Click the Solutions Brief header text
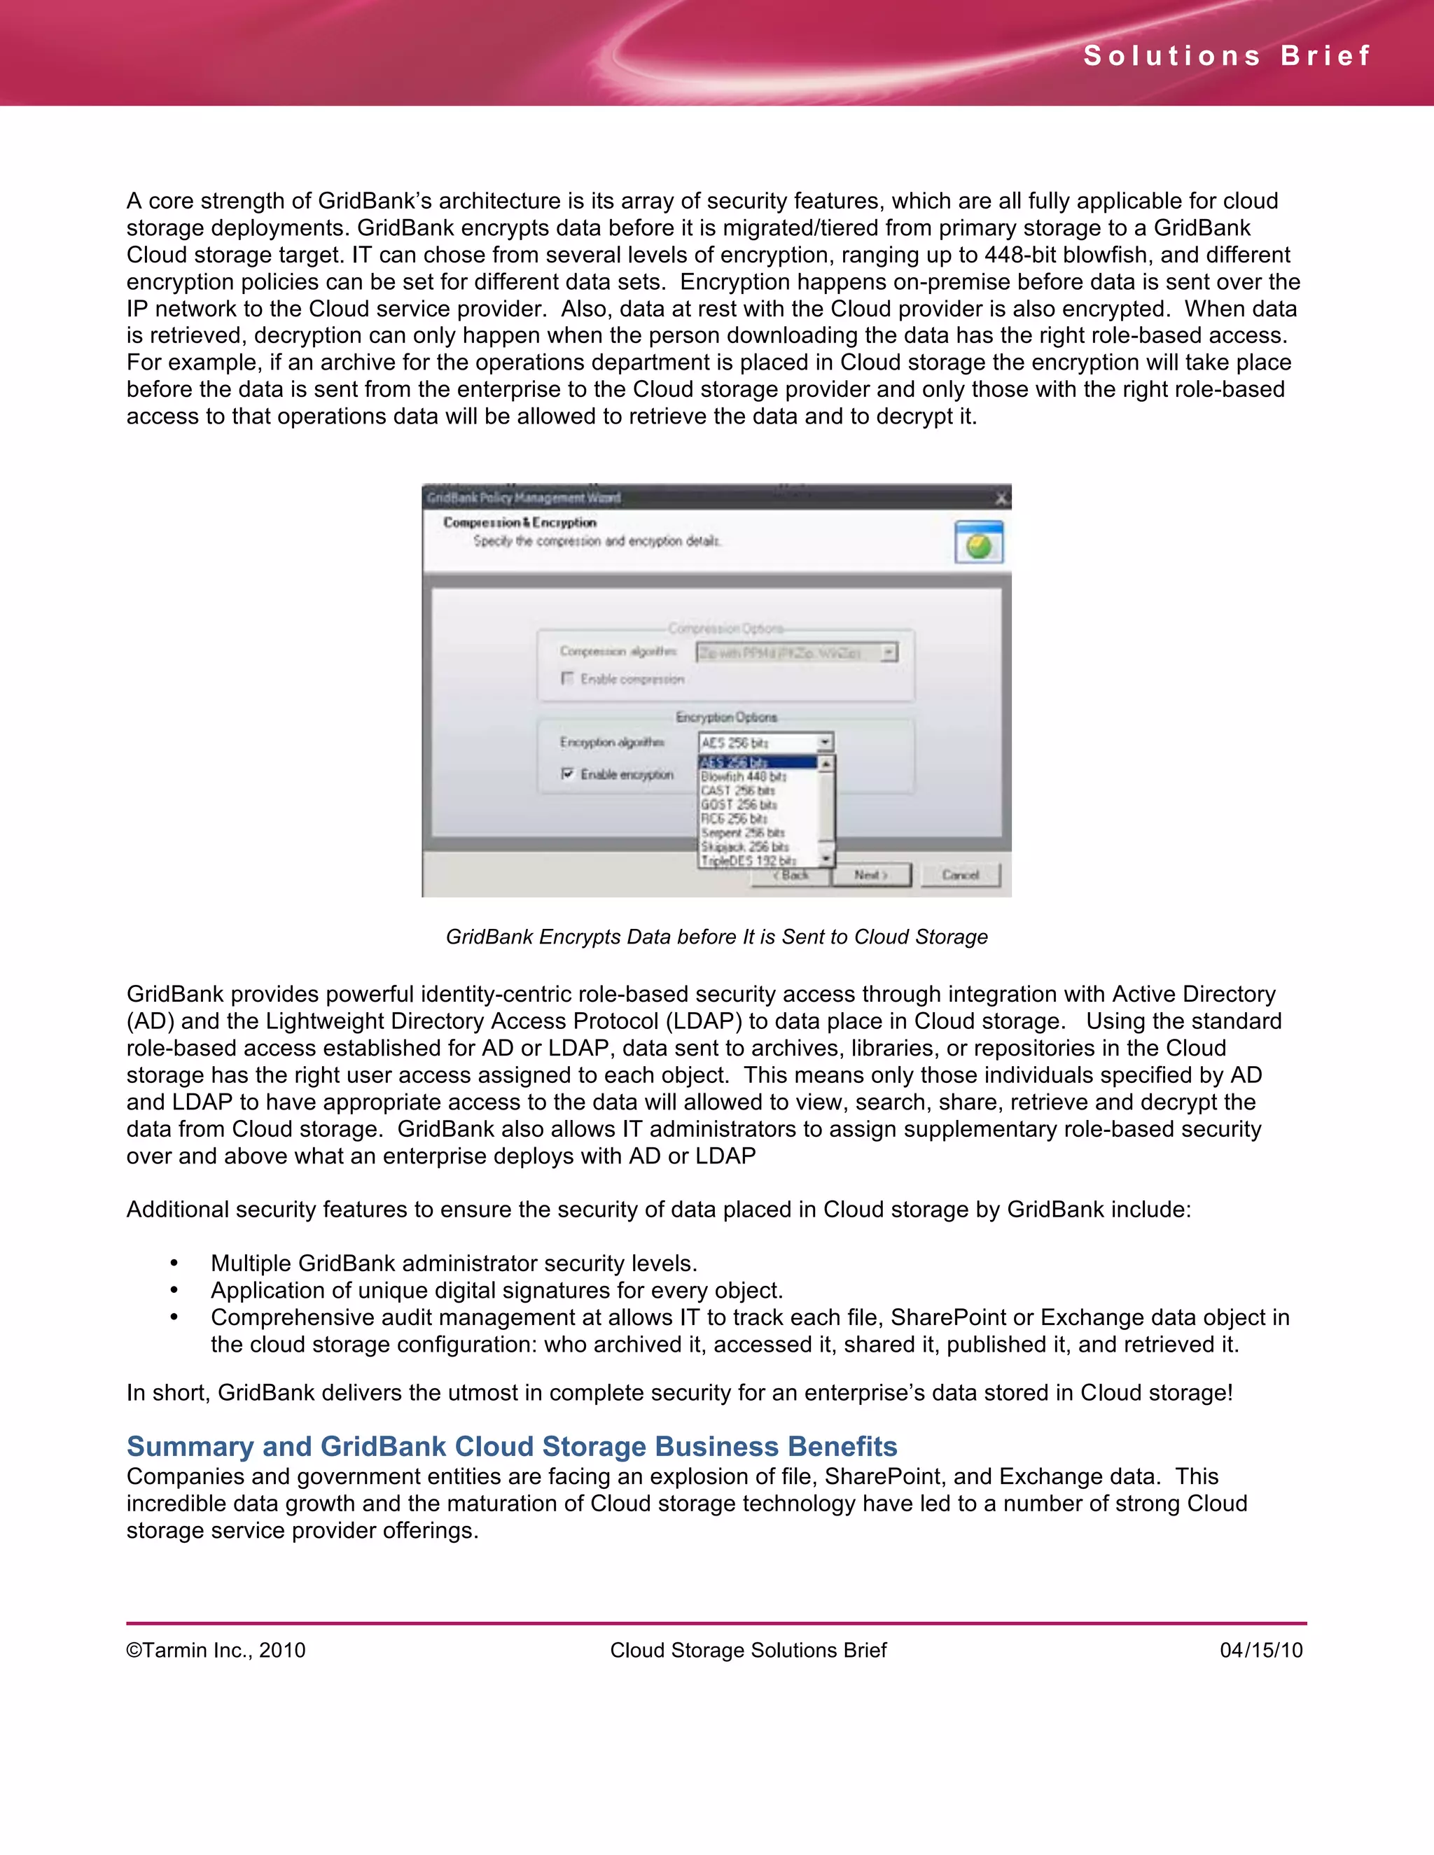click(x=1227, y=56)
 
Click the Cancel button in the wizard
click(x=960, y=875)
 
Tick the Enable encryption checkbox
click(x=567, y=773)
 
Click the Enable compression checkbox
click(x=567, y=678)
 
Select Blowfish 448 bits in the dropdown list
click(x=744, y=776)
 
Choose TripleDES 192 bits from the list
click(x=749, y=860)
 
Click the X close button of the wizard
click(x=1001, y=498)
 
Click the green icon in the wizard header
click(x=979, y=544)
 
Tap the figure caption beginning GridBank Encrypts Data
click(x=716, y=937)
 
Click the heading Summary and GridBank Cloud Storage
click(x=511, y=1445)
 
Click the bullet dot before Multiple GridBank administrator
click(x=174, y=1263)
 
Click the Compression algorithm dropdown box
click(x=796, y=652)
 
